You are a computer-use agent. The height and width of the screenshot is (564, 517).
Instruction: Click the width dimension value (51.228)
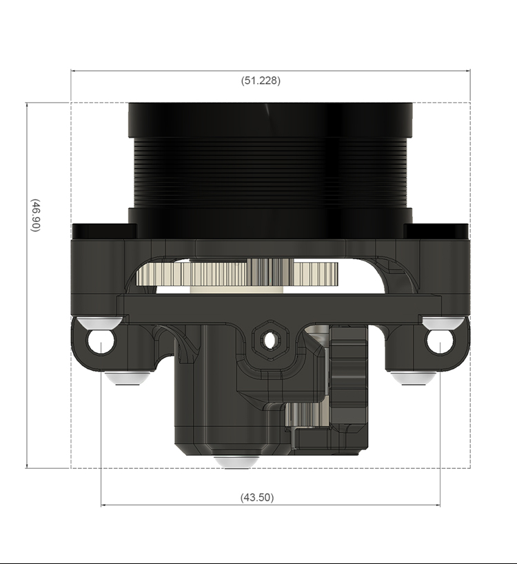[x=261, y=80]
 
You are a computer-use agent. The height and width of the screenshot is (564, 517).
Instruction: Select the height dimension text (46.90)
[x=36, y=215]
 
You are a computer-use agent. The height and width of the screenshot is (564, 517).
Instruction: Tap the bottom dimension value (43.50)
[x=256, y=497]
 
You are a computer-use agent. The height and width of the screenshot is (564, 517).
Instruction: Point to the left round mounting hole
[x=101, y=341]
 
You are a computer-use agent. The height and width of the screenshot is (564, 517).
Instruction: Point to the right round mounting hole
[x=440, y=341]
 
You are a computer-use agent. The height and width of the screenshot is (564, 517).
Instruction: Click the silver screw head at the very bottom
[x=236, y=462]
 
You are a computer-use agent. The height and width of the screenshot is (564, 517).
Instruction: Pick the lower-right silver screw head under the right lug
[x=413, y=379]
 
